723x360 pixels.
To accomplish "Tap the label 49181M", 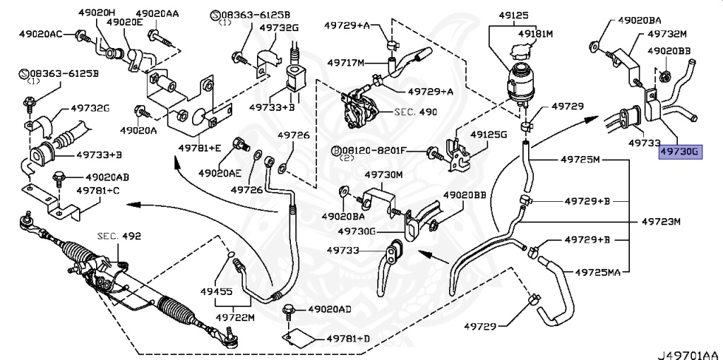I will point(535,33).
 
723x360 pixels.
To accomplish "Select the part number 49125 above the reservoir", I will point(513,14).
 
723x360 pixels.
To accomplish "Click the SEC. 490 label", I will point(416,112).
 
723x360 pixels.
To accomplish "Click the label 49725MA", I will point(597,271).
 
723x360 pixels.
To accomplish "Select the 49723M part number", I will point(661,222).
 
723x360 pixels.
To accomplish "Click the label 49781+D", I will point(348,340).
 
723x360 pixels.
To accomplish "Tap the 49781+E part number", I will point(200,148).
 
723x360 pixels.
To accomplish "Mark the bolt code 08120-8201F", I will point(380,150).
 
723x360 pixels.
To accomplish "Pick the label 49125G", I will point(489,133).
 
